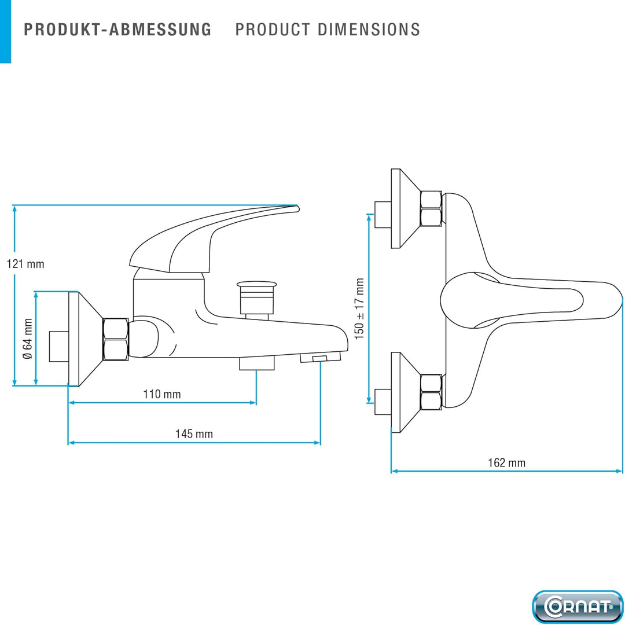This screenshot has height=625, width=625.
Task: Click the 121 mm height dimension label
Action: click(x=25, y=264)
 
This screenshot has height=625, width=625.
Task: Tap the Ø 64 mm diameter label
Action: click(x=28, y=339)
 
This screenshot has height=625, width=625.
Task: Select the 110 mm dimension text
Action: click(x=162, y=394)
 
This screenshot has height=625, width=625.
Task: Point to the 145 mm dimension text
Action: click(x=194, y=433)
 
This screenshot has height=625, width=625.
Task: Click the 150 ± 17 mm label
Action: click(x=359, y=309)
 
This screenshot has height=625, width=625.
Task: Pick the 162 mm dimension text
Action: click(x=506, y=463)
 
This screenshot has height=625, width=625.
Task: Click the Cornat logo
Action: click(x=578, y=606)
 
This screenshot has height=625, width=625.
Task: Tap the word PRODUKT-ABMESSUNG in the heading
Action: click(x=117, y=30)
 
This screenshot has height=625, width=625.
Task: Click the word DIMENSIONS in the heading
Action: click(x=369, y=30)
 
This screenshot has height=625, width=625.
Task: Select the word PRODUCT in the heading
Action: click(x=273, y=30)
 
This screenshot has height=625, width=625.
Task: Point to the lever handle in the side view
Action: click(x=214, y=238)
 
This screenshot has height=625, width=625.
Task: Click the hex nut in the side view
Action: click(x=116, y=339)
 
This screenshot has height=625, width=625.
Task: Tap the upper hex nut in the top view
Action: click(x=431, y=209)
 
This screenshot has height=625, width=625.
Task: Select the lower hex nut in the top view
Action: click(x=431, y=392)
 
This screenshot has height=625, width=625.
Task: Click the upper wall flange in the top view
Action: click(x=405, y=208)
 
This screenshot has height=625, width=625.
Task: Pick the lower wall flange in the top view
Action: click(x=405, y=392)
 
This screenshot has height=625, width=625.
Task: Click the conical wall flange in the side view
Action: click(x=85, y=339)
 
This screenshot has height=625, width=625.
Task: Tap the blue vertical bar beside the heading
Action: click(x=6, y=31)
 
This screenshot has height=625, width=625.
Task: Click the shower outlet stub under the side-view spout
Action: click(x=257, y=363)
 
